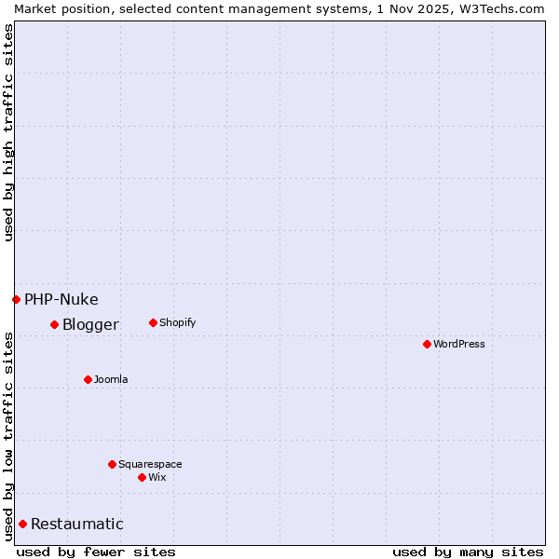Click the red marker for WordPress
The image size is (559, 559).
(427, 344)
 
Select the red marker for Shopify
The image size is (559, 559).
(153, 322)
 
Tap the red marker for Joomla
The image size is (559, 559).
(88, 379)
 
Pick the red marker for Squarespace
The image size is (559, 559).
(112, 464)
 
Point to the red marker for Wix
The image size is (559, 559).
(142, 477)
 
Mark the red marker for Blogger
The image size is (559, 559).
(54, 324)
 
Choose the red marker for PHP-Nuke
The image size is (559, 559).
(16, 299)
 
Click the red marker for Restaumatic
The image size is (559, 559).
(22, 524)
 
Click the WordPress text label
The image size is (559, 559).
(459, 344)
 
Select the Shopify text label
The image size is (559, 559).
(177, 322)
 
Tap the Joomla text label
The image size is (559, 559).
(111, 379)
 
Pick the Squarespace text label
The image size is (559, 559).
(150, 464)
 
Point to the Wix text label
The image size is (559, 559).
(157, 477)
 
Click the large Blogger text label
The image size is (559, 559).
(90, 324)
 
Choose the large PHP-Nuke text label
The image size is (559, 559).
(61, 299)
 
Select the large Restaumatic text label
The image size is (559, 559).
(77, 524)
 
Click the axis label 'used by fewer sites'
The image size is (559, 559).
(96, 552)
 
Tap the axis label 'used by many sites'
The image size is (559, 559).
(468, 552)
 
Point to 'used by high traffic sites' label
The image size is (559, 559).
(8, 132)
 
